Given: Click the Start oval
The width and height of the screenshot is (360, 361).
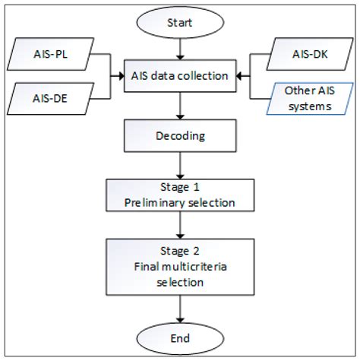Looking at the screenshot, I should (180, 21).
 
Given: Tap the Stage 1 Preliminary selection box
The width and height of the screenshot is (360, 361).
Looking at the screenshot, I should (180, 196).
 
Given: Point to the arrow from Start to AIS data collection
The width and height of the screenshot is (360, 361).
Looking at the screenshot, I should (180, 48).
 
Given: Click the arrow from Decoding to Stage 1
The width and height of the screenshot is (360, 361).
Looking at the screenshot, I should (180, 167).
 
